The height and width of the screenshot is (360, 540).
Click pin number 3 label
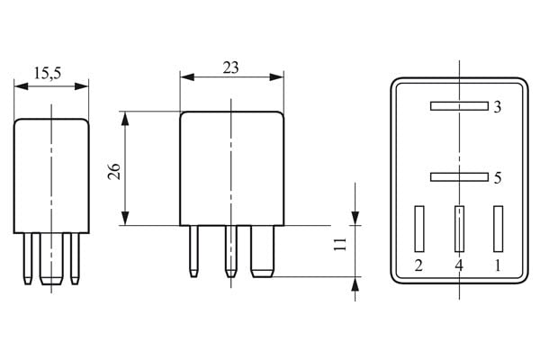[x=497, y=107]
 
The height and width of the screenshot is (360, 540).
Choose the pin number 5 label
[x=497, y=178]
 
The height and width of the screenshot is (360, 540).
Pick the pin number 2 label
[x=418, y=265]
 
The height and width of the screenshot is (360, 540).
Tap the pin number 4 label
[x=458, y=265]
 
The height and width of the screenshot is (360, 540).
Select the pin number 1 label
[x=498, y=265]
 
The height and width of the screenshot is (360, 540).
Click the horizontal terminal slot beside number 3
[x=458, y=106]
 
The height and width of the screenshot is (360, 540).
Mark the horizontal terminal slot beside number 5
[x=458, y=177]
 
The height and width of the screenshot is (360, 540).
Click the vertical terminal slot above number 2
[x=418, y=229]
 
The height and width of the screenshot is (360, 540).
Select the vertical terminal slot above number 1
[x=497, y=229]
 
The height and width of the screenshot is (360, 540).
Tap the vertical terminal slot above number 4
[x=458, y=229]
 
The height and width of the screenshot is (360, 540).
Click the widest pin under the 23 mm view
[x=262, y=251]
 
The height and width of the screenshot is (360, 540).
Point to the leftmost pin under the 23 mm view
[x=193, y=251]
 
